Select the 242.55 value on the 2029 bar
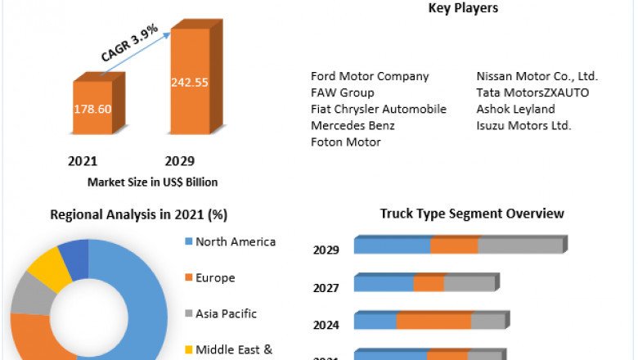pyautogui.click(x=189, y=82)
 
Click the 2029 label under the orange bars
pyautogui.click(x=180, y=161)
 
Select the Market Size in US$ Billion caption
pyautogui.click(x=152, y=182)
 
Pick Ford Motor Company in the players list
pyautogui.click(x=370, y=76)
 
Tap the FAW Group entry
pyautogui.click(x=342, y=92)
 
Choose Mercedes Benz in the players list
pyautogui.click(x=353, y=125)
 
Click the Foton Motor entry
pyautogui.click(x=345, y=142)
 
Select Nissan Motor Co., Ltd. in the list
pyautogui.click(x=537, y=76)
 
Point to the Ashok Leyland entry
pyautogui.click(x=515, y=109)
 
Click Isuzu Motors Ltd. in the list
pyautogui.click(x=523, y=125)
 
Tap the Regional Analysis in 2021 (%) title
pyautogui.click(x=139, y=214)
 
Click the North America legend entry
pyautogui.click(x=235, y=241)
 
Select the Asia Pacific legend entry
pyautogui.click(x=226, y=313)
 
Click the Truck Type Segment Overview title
pyautogui.click(x=472, y=214)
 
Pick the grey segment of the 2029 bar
pyautogui.click(x=521, y=245)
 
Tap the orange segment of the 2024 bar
pyautogui.click(x=434, y=321)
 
